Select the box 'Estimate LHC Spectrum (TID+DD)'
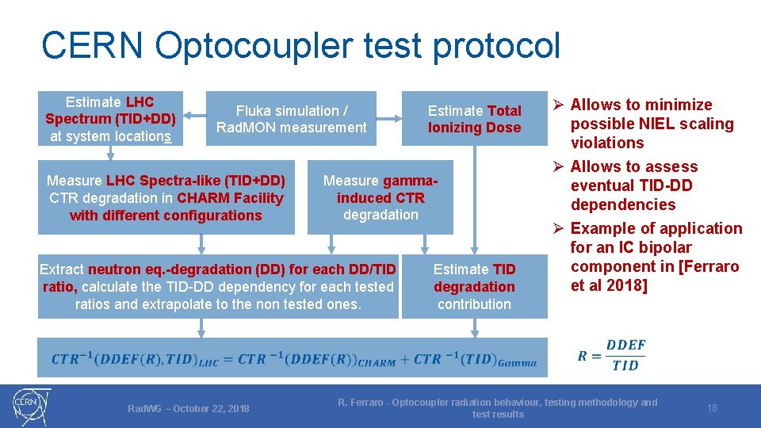point(110,119)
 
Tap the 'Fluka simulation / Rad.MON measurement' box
point(291,119)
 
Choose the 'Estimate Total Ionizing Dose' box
point(474,119)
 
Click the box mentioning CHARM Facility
point(166,198)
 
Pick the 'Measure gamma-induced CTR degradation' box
point(380,198)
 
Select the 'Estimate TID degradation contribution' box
point(474,286)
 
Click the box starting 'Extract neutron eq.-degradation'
point(218,286)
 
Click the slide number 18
point(712,408)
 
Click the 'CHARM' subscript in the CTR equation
point(377,363)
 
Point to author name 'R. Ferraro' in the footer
point(361,403)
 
